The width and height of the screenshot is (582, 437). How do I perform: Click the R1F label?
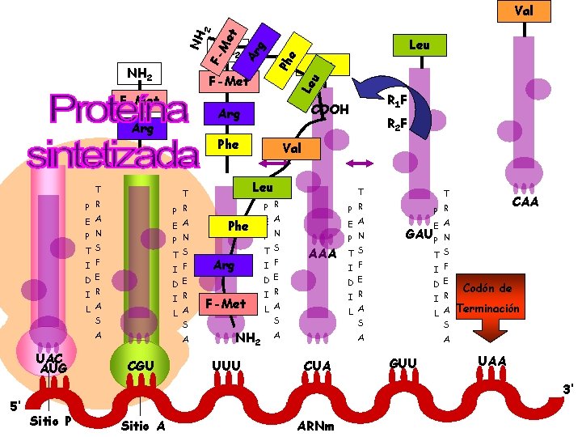click(396, 101)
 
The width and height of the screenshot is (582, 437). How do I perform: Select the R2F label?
click(396, 125)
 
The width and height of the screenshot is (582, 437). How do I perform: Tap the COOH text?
click(331, 109)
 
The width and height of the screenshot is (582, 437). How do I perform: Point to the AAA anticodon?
click(323, 254)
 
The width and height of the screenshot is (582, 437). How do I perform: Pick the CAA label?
click(525, 201)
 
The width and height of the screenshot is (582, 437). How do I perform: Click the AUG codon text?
click(52, 368)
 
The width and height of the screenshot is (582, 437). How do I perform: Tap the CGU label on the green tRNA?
click(141, 366)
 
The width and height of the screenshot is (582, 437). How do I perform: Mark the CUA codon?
click(318, 366)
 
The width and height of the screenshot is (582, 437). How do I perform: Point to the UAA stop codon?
click(492, 361)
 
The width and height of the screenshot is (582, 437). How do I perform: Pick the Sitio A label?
click(144, 425)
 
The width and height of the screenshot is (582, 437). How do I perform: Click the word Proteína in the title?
click(118, 112)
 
